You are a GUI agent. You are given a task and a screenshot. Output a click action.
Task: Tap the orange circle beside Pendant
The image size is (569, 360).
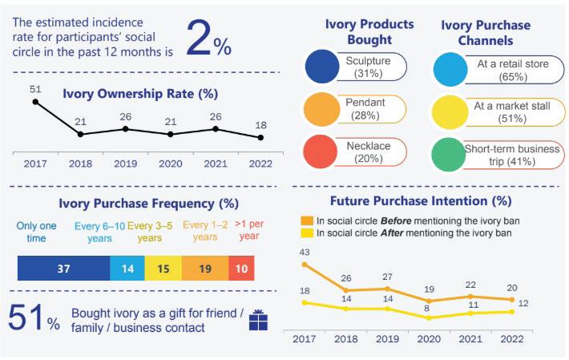[325, 110]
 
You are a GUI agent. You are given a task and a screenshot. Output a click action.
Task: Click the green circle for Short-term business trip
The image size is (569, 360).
[450, 153]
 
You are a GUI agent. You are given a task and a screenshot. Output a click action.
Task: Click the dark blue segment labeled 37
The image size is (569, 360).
[63, 269]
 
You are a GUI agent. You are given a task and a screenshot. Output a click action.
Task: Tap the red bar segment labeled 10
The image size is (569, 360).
[241, 269]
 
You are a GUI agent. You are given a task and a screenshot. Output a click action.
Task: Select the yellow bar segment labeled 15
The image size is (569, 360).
[163, 269]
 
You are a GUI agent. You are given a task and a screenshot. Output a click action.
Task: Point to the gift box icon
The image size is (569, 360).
[258, 320]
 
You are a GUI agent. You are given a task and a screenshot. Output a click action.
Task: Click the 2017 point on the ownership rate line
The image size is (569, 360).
[35, 101]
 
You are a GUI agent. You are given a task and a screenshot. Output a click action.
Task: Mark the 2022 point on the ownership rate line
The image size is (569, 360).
[260, 137]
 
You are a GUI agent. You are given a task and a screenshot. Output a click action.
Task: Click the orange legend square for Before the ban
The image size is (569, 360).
[306, 220]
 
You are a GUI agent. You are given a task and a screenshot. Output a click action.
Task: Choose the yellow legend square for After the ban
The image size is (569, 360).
[306, 233]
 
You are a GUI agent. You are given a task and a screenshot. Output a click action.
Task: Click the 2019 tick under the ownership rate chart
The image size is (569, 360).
[125, 164]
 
